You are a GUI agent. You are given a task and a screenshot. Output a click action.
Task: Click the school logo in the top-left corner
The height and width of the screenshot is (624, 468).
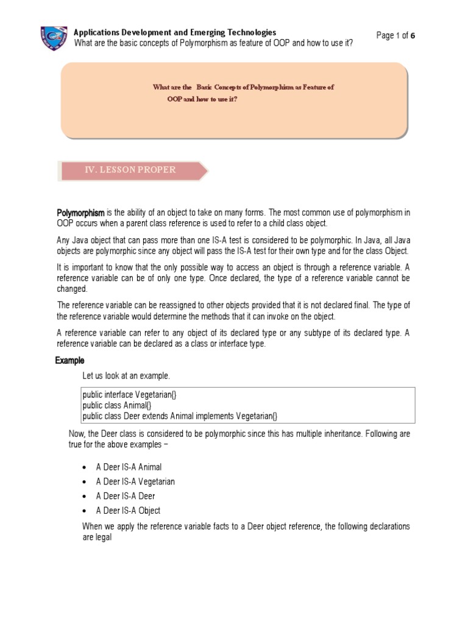click(54, 37)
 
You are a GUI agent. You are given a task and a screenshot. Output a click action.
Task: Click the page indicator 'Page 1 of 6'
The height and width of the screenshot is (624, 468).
click(395, 35)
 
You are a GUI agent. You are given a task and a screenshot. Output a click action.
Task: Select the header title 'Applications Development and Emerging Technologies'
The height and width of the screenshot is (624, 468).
click(174, 32)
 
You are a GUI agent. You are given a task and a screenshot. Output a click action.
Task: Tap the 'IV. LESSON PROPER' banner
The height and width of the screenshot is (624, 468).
click(130, 170)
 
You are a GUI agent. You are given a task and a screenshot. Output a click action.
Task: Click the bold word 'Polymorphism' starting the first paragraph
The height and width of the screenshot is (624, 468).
click(81, 213)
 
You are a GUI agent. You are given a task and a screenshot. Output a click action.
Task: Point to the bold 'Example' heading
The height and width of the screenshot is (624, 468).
click(69, 360)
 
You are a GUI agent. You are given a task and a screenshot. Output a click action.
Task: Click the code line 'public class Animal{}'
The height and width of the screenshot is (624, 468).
click(112, 405)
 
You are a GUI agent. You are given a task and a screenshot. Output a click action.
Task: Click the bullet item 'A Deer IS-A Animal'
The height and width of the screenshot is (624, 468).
click(129, 467)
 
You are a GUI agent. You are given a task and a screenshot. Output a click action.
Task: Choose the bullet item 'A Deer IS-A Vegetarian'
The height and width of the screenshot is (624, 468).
click(135, 481)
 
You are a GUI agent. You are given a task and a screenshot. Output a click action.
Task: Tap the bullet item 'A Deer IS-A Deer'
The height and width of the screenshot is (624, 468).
click(126, 496)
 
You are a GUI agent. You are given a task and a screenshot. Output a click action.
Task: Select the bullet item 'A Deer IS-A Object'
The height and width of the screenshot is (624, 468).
click(128, 511)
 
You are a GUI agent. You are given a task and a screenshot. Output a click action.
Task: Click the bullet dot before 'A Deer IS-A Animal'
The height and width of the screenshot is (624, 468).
click(83, 467)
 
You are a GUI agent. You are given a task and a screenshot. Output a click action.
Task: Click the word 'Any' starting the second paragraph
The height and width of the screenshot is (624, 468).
click(63, 239)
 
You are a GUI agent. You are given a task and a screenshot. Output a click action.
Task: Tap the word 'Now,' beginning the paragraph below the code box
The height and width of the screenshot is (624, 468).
click(77, 434)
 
